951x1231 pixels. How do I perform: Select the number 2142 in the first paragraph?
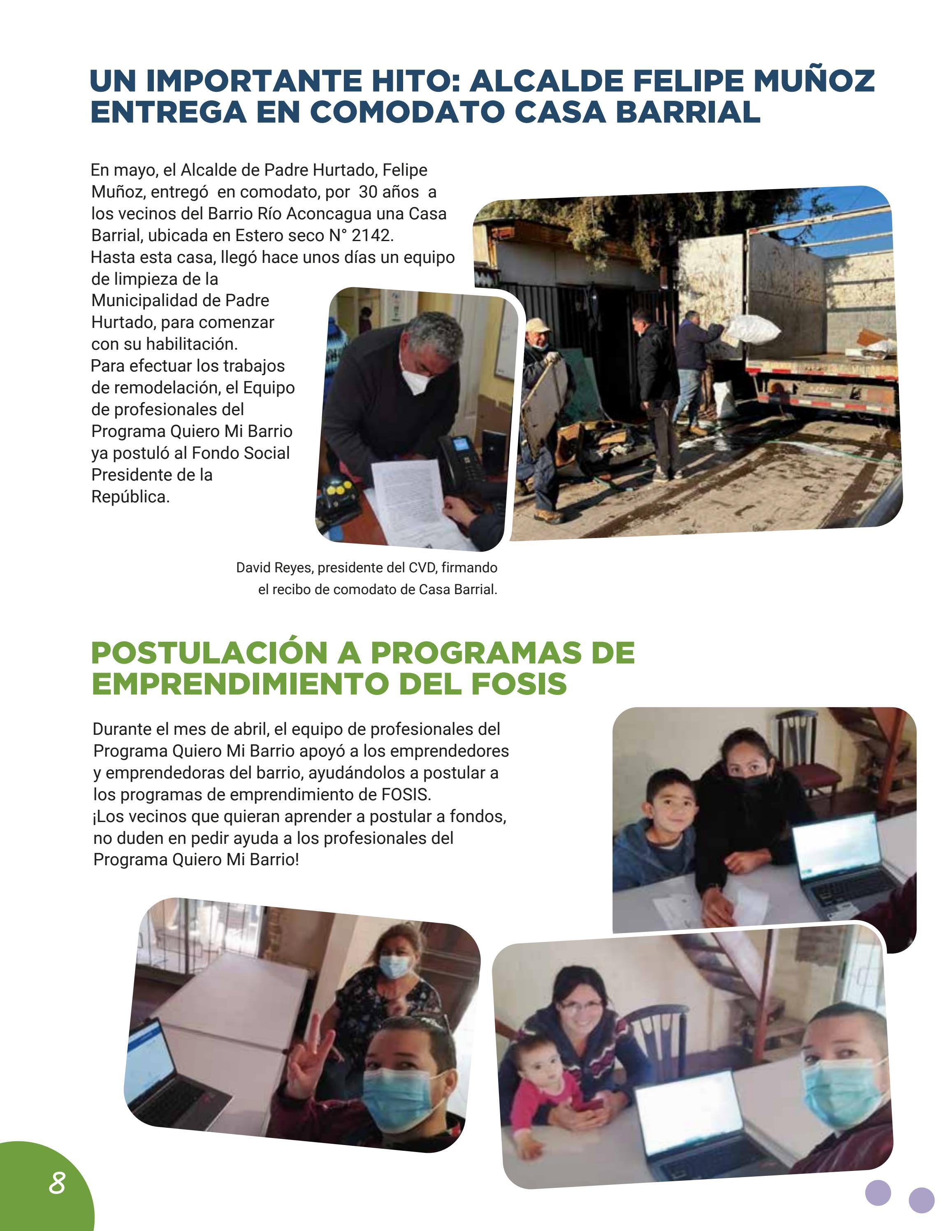point(370,235)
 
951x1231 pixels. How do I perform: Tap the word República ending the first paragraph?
point(130,497)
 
